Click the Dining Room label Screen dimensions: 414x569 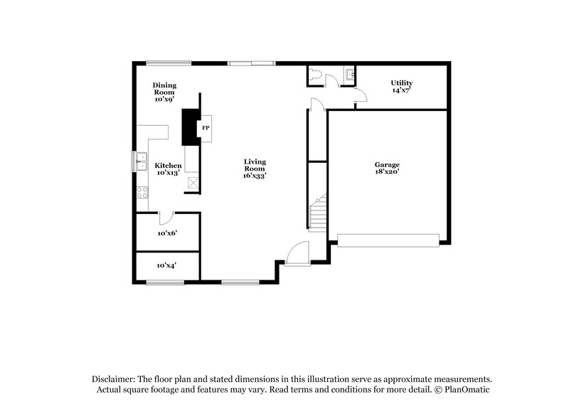pos(164,89)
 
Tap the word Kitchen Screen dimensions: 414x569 pos(169,166)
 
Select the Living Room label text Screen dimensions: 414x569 pos(255,165)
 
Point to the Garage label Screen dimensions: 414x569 pos(387,164)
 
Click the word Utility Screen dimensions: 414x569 pos(402,83)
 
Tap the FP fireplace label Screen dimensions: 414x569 pos(206,128)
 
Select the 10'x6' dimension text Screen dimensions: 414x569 pos(166,233)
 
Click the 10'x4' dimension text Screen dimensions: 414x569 pos(166,265)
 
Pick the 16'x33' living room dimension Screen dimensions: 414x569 pos(255,175)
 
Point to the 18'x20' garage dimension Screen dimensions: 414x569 pos(387,171)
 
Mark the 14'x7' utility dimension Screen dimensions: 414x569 pos(402,90)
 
